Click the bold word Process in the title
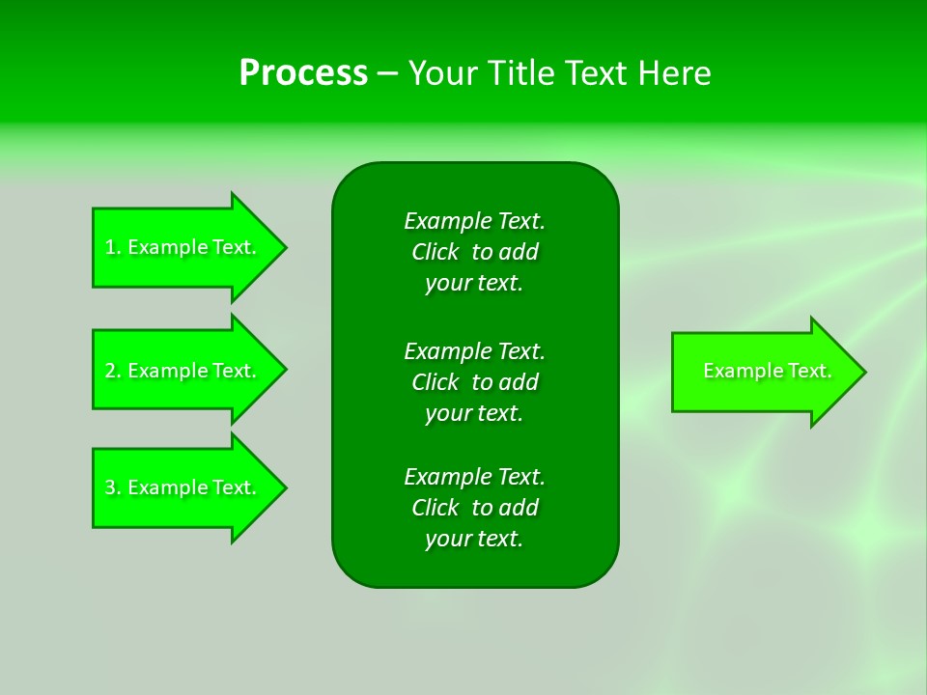point(303,73)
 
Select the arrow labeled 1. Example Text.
point(183,247)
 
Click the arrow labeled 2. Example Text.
point(183,371)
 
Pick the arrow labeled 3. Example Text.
point(183,487)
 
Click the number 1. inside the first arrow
point(113,247)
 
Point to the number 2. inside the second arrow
point(113,371)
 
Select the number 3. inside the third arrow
point(113,487)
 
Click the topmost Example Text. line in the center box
point(474,221)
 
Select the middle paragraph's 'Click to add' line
point(474,382)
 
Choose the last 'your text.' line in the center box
point(474,539)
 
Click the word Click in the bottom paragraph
point(435,508)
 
